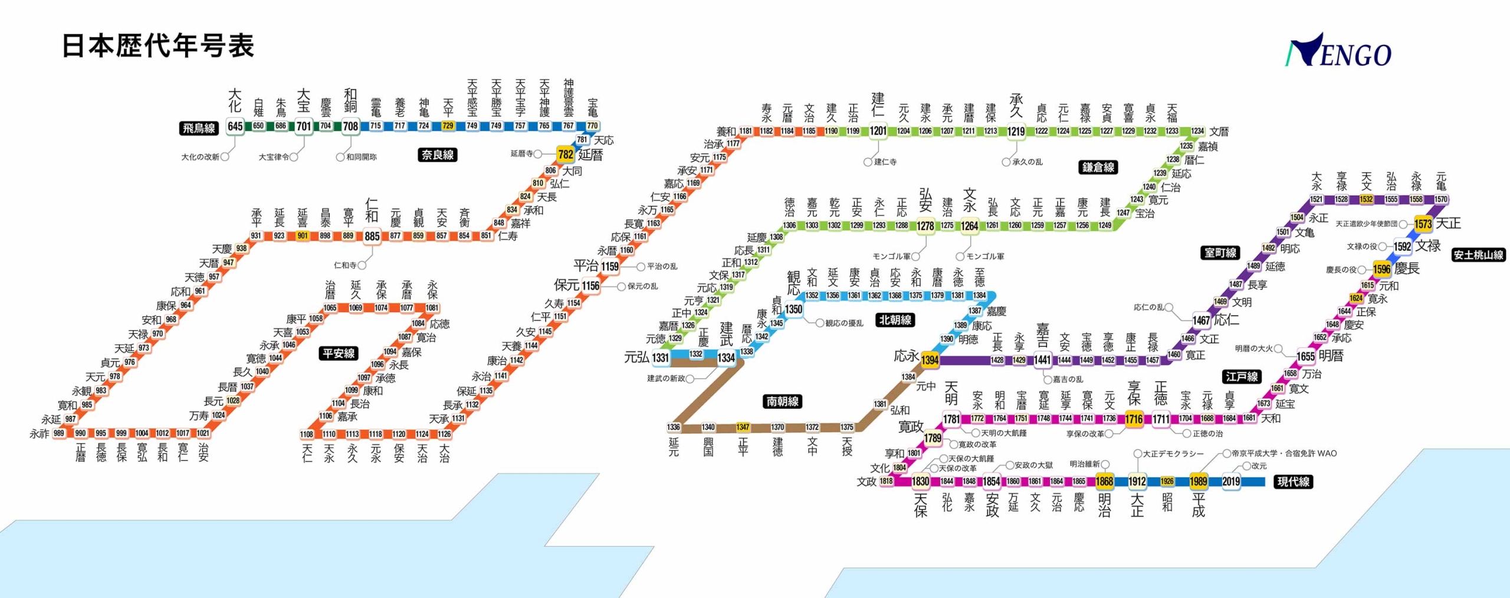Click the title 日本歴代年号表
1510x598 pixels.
(x=158, y=46)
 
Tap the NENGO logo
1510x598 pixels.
(x=1338, y=51)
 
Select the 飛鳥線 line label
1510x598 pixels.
(x=199, y=128)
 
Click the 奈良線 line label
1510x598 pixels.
(x=438, y=155)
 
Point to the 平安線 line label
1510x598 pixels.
(x=339, y=353)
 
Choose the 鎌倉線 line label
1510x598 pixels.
(x=1098, y=167)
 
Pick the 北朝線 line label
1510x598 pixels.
(x=895, y=320)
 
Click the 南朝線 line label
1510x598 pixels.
(x=783, y=401)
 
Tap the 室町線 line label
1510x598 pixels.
(x=1220, y=252)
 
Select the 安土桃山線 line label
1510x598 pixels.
(x=1478, y=255)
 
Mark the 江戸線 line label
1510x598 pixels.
(x=1242, y=376)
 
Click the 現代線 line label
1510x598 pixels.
(x=1293, y=481)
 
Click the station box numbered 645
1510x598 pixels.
(x=235, y=126)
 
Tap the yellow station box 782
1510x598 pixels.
(x=565, y=155)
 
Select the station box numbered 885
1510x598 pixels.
(x=372, y=236)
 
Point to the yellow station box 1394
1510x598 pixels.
(x=930, y=360)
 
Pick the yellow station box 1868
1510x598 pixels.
(x=1104, y=481)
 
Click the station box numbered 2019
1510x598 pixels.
(x=1230, y=481)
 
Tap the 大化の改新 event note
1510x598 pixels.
(x=201, y=157)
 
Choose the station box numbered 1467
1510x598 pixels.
(x=1201, y=320)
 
